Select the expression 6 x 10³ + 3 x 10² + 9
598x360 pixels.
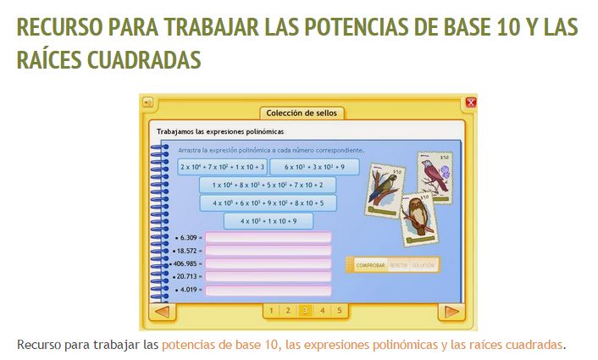314,167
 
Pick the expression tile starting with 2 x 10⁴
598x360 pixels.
222,167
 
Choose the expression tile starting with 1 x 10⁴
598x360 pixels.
268,185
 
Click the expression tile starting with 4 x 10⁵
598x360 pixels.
268,203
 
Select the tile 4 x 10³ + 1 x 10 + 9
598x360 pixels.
268,221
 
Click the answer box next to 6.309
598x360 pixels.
268,238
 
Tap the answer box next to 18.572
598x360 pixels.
268,251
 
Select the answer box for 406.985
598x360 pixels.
268,263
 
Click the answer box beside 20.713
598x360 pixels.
268,276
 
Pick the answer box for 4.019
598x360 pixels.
268,290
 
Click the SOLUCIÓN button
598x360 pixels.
424,265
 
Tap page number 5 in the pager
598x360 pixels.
339,311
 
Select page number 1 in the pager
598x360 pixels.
271,311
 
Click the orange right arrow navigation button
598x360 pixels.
452,312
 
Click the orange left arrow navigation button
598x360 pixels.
162,312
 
